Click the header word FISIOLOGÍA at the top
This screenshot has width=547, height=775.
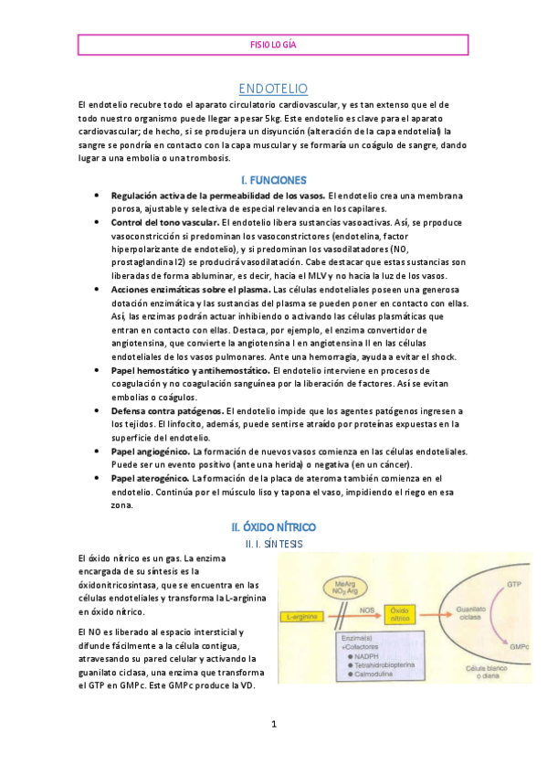pos(273,44)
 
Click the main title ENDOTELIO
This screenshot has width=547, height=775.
pos(273,89)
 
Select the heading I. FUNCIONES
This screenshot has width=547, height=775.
pos(273,180)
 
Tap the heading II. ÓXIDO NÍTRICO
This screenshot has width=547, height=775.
pos(273,527)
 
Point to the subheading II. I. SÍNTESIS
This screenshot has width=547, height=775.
pos(273,544)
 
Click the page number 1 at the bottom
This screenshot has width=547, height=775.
pos(273,725)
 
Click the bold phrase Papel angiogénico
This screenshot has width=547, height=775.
pos(150,452)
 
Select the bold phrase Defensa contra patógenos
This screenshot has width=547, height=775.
pos(167,412)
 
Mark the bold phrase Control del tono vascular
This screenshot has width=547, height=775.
pos(165,222)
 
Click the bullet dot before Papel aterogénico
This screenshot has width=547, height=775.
pos(98,479)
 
